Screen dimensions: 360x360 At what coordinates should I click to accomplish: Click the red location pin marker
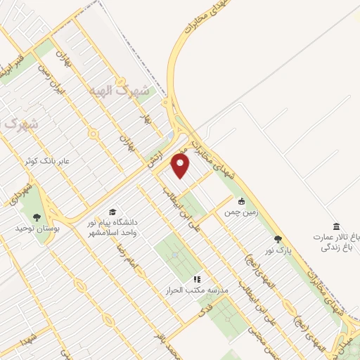point(181,166)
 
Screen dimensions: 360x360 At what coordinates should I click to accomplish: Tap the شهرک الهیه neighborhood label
point(120,91)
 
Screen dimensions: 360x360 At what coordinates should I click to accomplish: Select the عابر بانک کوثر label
point(64,162)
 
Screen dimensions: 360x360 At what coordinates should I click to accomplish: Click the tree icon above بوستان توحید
point(37,217)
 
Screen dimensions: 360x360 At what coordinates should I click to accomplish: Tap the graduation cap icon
point(112,212)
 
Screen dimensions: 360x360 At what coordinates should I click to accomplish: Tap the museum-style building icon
point(337,226)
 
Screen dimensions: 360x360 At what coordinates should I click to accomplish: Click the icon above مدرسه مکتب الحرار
point(197,279)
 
